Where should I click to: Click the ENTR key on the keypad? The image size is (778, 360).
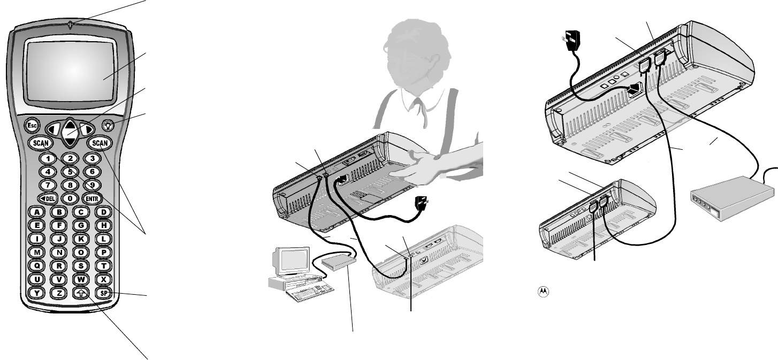(92, 198)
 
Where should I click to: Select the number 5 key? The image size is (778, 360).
(69, 172)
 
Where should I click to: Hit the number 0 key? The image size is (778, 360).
(69, 198)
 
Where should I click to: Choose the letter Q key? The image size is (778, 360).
(36, 265)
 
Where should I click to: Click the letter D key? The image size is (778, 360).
(103, 211)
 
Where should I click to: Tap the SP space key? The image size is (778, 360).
(103, 293)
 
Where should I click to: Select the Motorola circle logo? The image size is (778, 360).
(544, 291)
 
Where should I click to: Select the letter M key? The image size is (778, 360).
(36, 252)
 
